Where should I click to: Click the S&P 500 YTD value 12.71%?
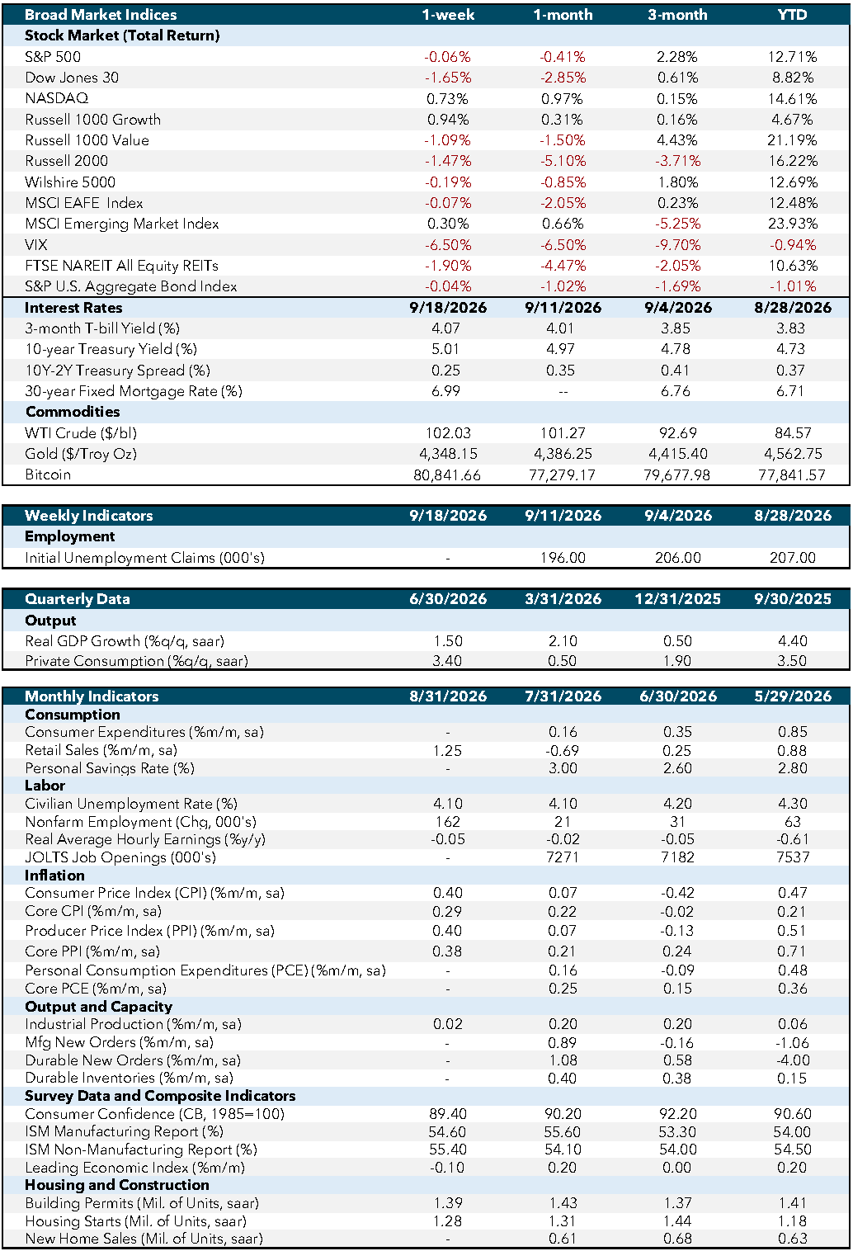(x=792, y=56)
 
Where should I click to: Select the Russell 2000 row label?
(x=67, y=161)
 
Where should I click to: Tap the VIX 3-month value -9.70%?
(x=677, y=244)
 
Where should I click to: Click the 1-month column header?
(x=563, y=15)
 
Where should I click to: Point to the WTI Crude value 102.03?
(x=448, y=433)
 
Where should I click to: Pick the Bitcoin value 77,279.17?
(x=562, y=474)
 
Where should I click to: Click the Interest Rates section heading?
(x=73, y=308)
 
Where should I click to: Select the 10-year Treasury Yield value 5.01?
(x=445, y=349)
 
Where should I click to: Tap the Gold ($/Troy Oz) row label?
(x=81, y=454)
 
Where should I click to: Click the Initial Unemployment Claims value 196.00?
(x=563, y=557)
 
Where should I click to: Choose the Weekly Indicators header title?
(x=89, y=516)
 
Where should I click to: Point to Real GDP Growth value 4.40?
(x=793, y=640)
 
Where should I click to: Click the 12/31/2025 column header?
(x=678, y=599)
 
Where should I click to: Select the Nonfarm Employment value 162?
(x=448, y=822)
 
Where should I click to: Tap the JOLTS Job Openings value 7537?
(x=793, y=857)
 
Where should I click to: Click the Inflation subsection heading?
(x=54, y=876)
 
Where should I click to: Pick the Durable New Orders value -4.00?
(x=793, y=1060)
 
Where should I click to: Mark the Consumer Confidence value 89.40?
(x=448, y=1114)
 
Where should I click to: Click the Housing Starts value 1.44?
(x=678, y=1220)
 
